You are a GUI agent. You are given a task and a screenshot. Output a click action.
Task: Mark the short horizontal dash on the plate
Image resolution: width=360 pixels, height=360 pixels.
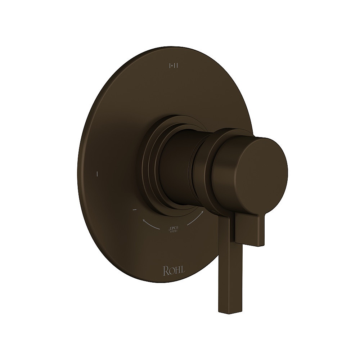(134, 209)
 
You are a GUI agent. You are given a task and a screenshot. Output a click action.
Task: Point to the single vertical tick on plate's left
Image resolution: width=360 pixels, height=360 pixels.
(97, 174)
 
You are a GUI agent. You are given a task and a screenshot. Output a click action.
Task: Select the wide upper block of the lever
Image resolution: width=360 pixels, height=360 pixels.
(251, 229)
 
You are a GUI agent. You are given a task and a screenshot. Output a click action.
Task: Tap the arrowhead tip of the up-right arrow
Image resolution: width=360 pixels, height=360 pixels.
(203, 212)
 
